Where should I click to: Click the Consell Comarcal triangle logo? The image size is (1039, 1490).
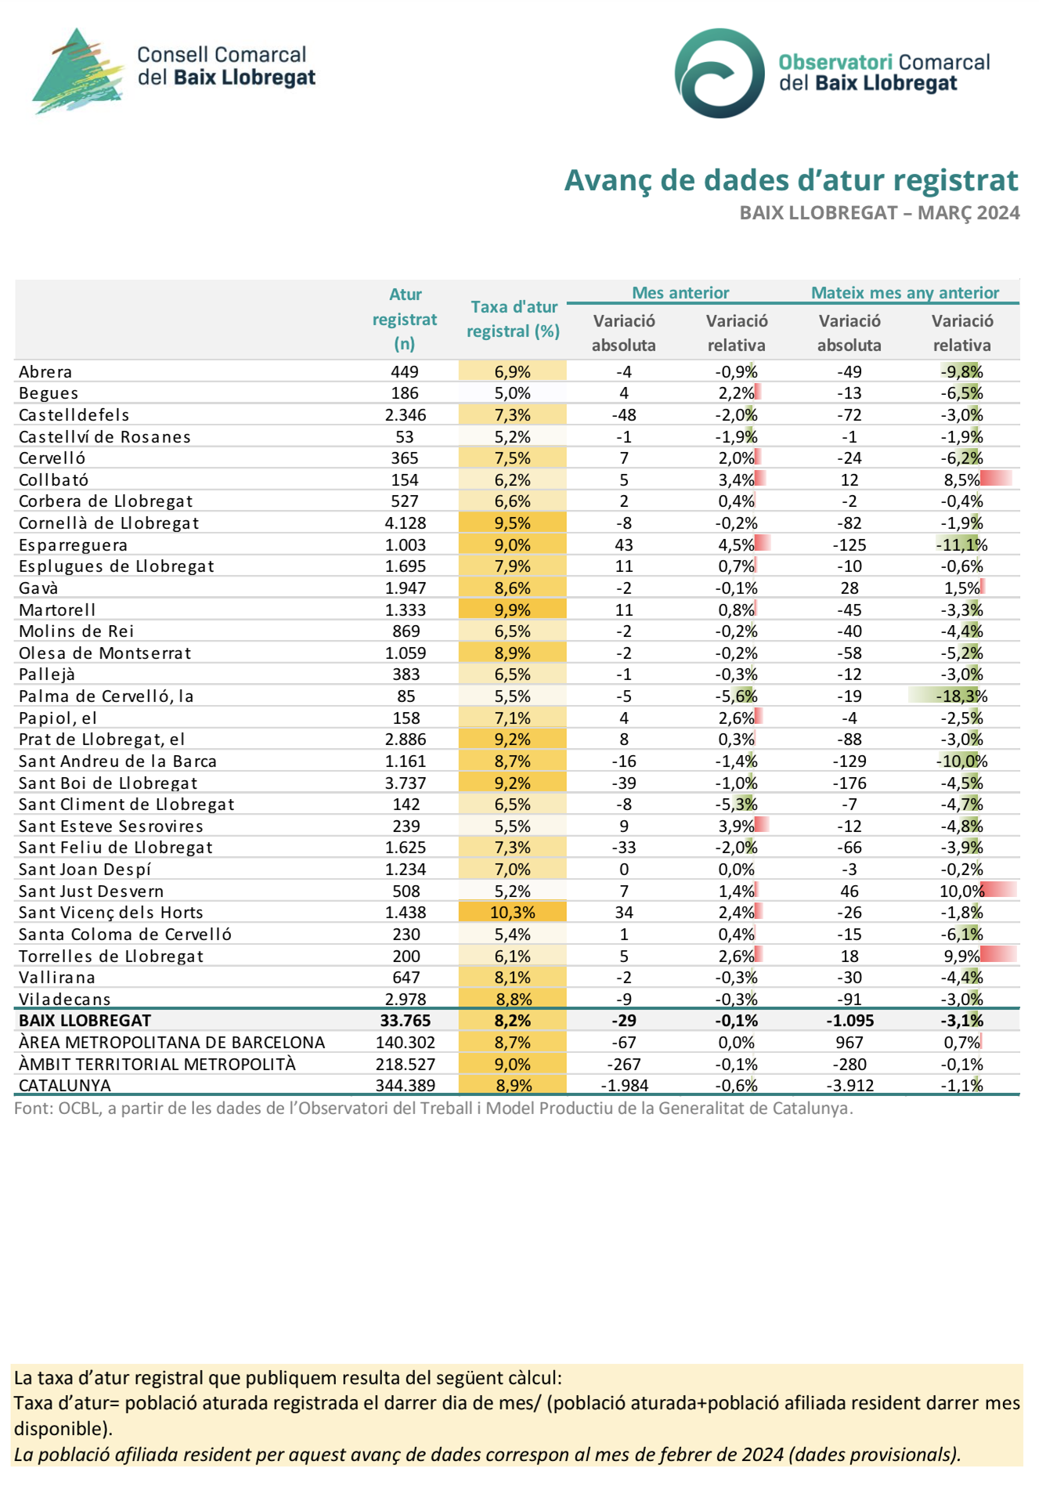78,72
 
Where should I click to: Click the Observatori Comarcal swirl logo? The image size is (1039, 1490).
720,73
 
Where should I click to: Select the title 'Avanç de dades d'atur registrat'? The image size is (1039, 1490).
792,180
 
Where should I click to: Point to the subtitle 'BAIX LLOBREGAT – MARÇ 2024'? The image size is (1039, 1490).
879,213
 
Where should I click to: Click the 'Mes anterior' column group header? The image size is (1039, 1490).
680,293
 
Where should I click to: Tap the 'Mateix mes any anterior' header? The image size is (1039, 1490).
905,293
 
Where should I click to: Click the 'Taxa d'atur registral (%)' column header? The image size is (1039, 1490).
514,319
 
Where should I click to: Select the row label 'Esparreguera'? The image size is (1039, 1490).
73,545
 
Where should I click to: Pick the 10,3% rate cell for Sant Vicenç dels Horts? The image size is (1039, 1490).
513,913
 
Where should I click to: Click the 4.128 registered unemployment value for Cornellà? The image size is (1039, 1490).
405,523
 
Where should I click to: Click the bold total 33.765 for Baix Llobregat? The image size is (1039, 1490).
405,1021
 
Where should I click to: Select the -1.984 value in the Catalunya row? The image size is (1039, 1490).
624,1086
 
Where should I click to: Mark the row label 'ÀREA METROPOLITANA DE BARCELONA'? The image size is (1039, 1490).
171,1043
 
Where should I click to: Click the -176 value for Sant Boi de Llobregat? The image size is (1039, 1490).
850,783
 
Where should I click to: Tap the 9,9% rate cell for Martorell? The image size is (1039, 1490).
513,610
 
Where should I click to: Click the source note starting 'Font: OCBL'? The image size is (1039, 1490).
434,1108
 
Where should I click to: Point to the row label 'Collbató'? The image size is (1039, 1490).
54,480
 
